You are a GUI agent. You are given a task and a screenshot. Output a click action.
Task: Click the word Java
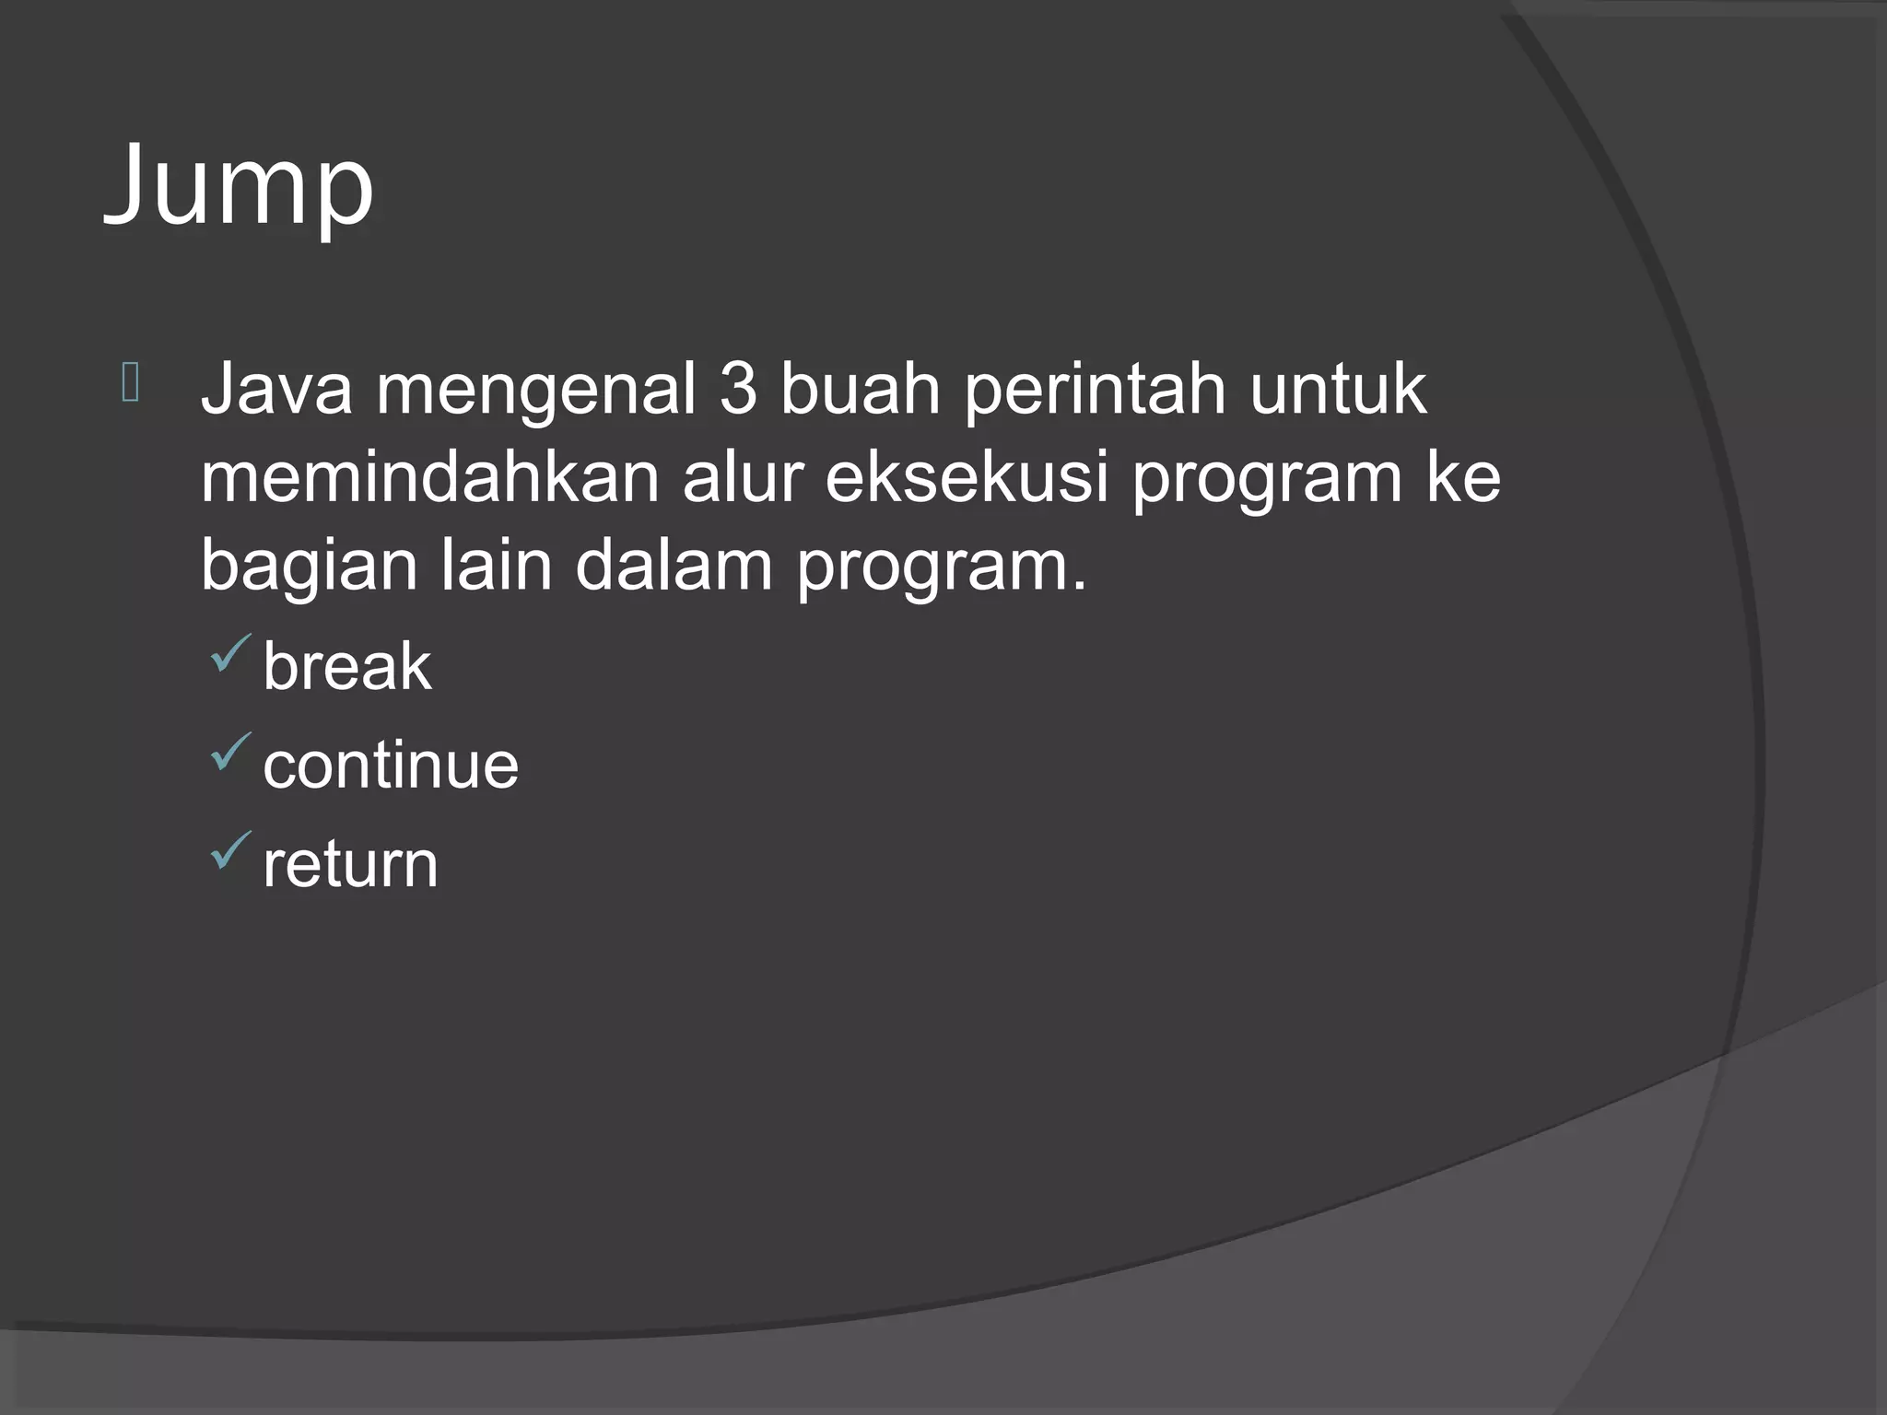tap(276, 390)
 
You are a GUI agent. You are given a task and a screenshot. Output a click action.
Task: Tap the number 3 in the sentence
tap(738, 390)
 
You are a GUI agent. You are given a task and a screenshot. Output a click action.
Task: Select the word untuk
tap(1338, 390)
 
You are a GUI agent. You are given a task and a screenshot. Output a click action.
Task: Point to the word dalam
tap(674, 565)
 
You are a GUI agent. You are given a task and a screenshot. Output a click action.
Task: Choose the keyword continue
tap(391, 766)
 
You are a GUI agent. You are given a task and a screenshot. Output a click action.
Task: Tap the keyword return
tap(350, 865)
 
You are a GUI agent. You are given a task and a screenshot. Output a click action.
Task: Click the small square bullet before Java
tap(130, 383)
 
